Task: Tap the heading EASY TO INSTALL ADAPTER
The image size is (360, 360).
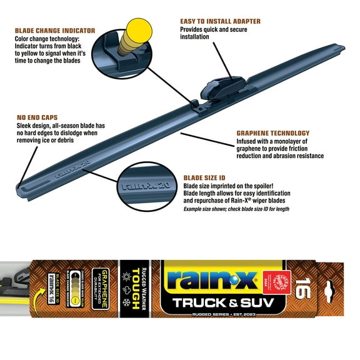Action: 220,21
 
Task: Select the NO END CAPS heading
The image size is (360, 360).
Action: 39,116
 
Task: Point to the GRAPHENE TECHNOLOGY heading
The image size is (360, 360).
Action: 272,133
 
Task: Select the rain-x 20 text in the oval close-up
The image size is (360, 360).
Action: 136,184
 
